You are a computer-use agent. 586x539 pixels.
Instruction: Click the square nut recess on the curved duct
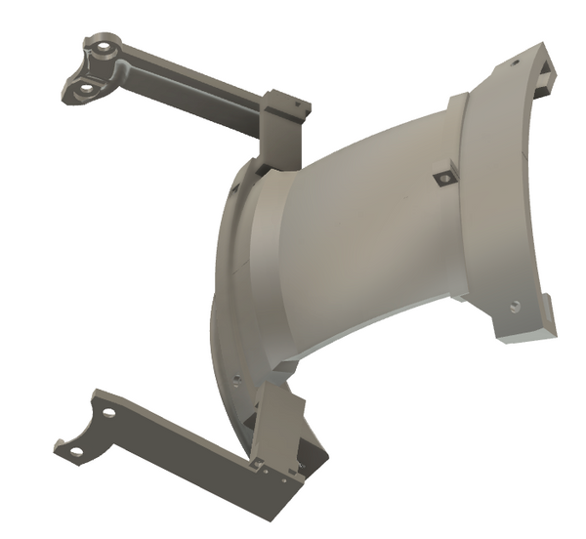[x=442, y=178]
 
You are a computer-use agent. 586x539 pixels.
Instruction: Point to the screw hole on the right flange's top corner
[x=512, y=64]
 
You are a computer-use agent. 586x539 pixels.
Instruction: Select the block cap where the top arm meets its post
[x=284, y=102]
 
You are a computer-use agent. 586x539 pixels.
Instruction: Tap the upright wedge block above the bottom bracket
[x=278, y=420]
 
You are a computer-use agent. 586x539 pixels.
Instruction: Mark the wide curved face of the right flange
[x=498, y=195]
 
